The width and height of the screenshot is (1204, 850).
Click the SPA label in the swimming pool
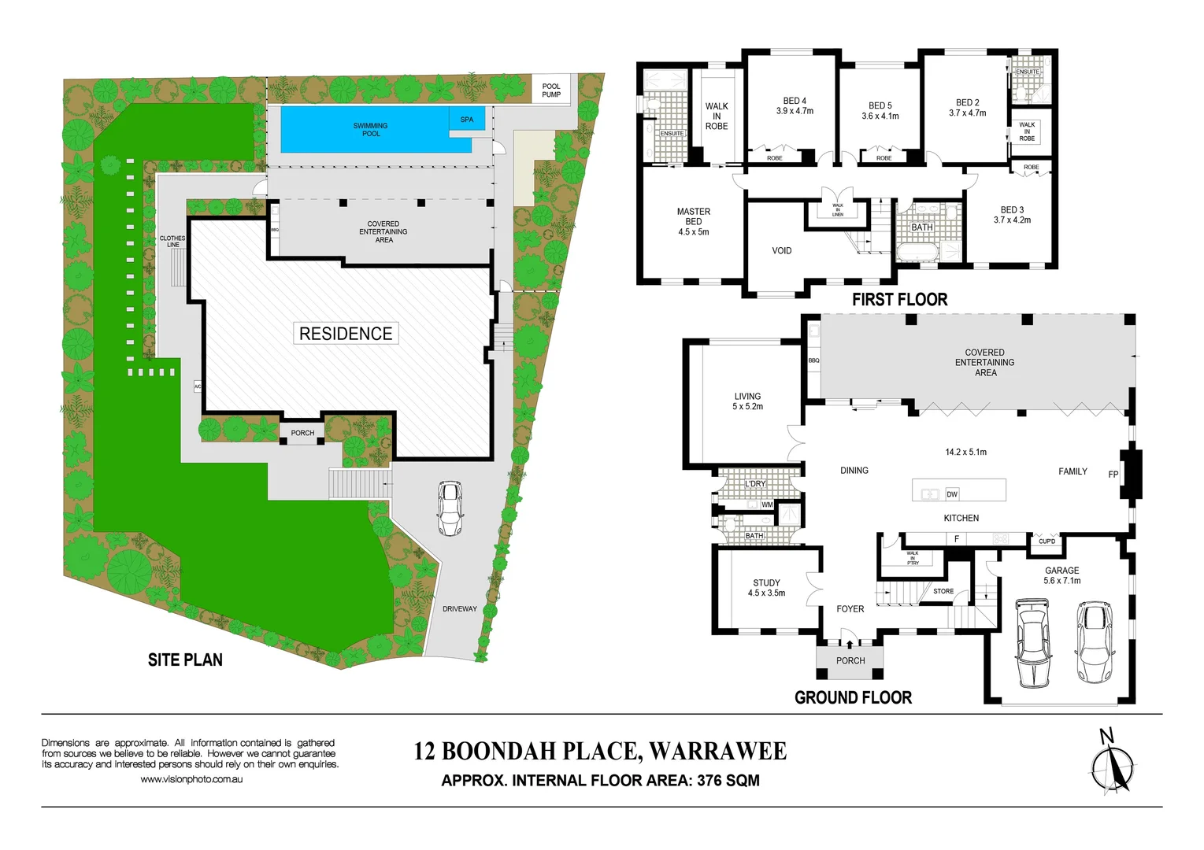(x=467, y=120)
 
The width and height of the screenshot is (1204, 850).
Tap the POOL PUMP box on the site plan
(x=551, y=91)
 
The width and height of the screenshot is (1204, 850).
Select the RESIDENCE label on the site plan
(x=346, y=334)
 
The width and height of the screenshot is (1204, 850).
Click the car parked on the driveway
(x=450, y=508)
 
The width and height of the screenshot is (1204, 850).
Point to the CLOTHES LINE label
(x=172, y=241)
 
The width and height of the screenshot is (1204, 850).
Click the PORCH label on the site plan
(x=302, y=433)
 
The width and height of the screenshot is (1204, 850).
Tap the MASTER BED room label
(x=693, y=221)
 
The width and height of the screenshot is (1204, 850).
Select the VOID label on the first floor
(x=781, y=251)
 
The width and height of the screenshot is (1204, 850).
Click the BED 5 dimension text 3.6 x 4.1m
(x=880, y=116)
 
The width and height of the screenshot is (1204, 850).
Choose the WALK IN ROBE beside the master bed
(x=717, y=116)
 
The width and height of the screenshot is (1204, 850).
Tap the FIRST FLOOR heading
(x=899, y=299)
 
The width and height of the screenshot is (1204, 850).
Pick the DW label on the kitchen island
(x=952, y=494)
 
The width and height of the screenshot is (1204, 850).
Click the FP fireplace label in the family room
(x=1113, y=475)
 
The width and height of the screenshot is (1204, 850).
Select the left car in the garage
(x=1032, y=643)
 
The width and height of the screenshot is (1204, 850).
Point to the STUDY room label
(x=766, y=583)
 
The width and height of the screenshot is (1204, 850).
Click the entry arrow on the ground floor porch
(x=849, y=643)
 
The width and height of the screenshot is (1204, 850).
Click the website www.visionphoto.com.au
(x=191, y=779)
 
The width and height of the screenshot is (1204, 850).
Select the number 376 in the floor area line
(x=710, y=781)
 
